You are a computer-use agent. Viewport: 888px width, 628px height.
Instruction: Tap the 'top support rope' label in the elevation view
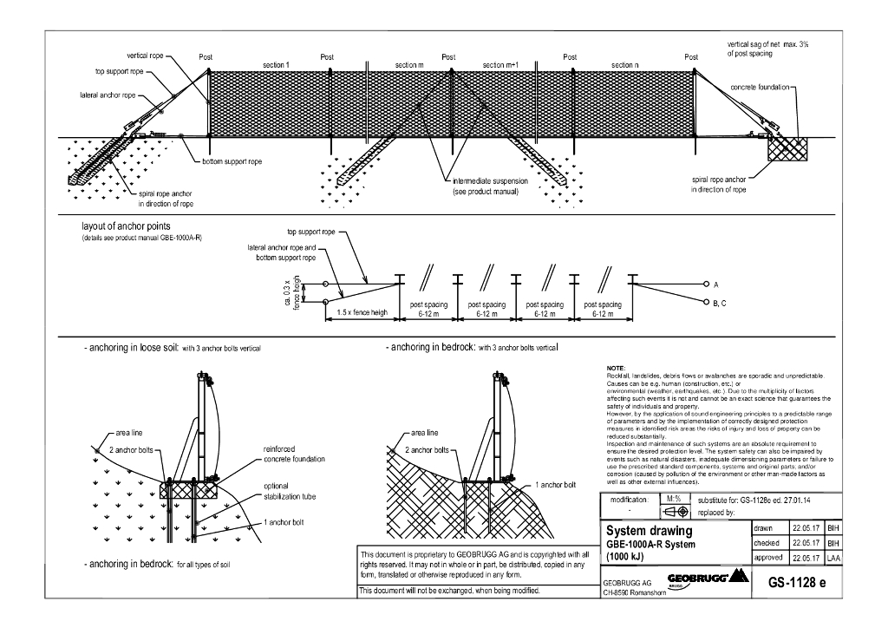coord(113,72)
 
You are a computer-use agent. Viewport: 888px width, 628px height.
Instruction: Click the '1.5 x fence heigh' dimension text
coord(362,311)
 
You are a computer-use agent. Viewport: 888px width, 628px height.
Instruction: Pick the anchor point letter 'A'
coord(716,284)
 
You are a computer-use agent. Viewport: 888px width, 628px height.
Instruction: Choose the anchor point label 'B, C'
coord(722,303)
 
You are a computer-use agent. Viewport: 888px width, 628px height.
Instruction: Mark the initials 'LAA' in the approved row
coord(832,557)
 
